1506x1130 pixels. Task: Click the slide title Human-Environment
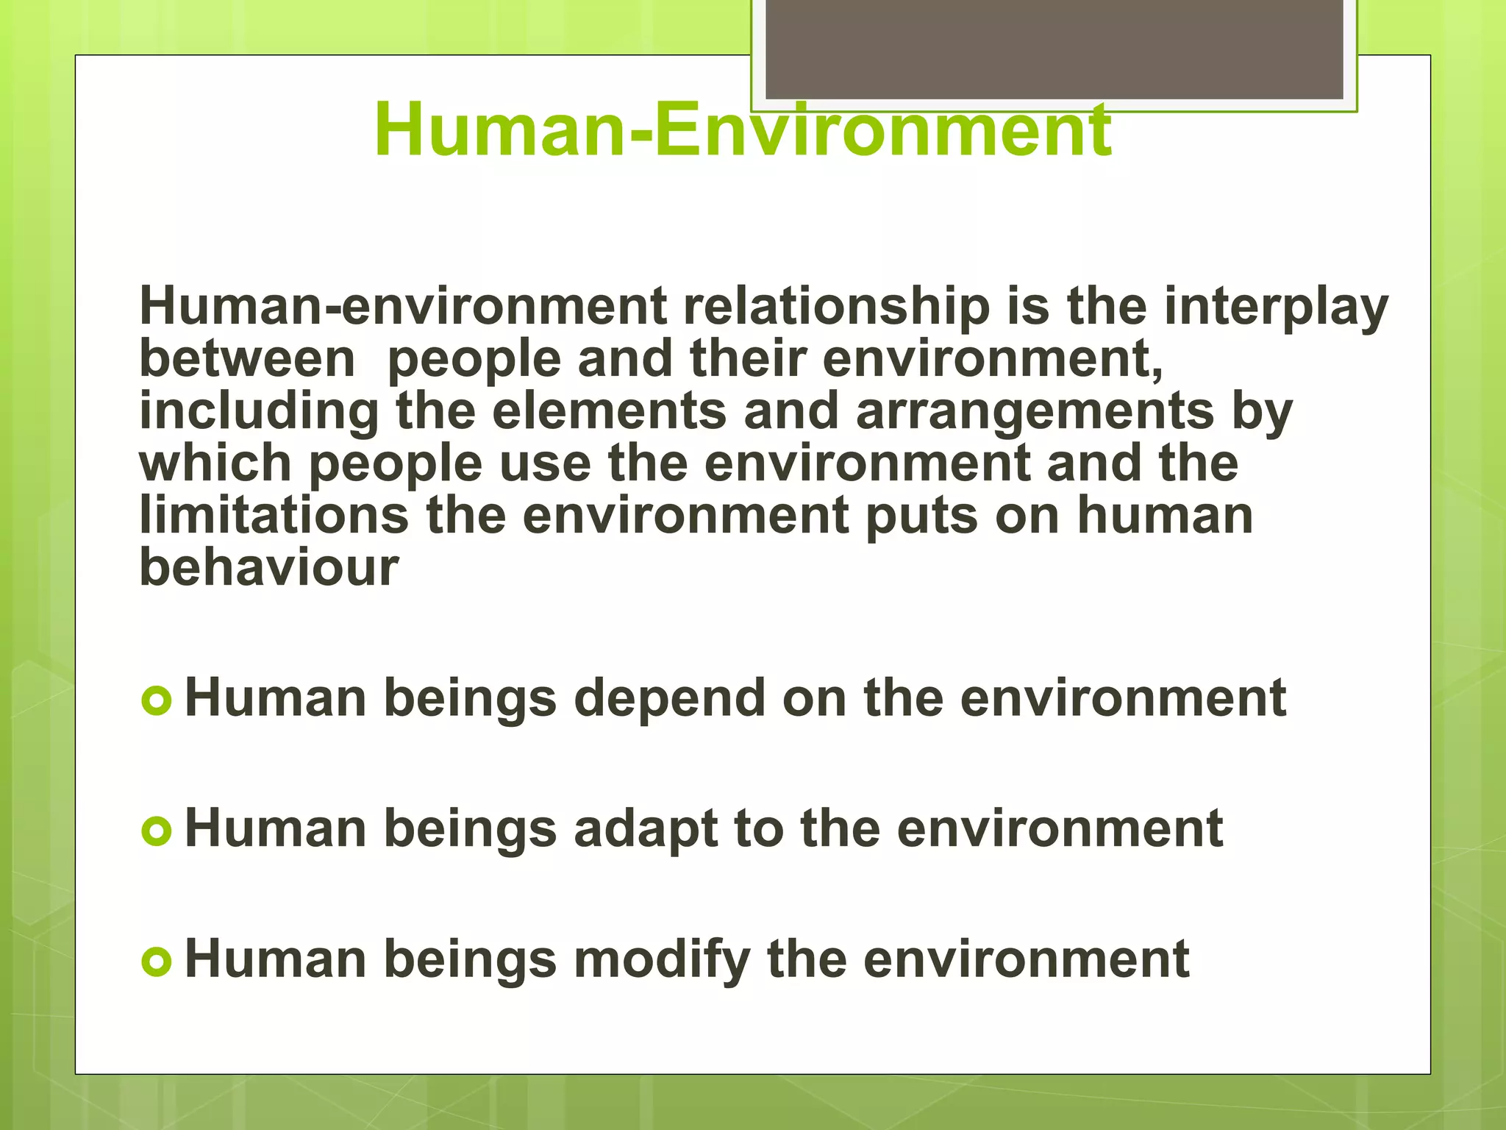pyautogui.click(x=743, y=131)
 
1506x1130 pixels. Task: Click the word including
pyautogui.click(x=259, y=412)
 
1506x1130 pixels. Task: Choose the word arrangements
pyautogui.click(x=1035, y=412)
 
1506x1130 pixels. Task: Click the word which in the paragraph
pyautogui.click(x=215, y=463)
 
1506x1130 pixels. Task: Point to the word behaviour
pyautogui.click(x=269, y=567)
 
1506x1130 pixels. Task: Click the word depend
pyautogui.click(x=669, y=699)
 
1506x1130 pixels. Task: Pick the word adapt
pyautogui.click(x=646, y=830)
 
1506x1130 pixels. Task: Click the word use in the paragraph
pyautogui.click(x=545, y=464)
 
